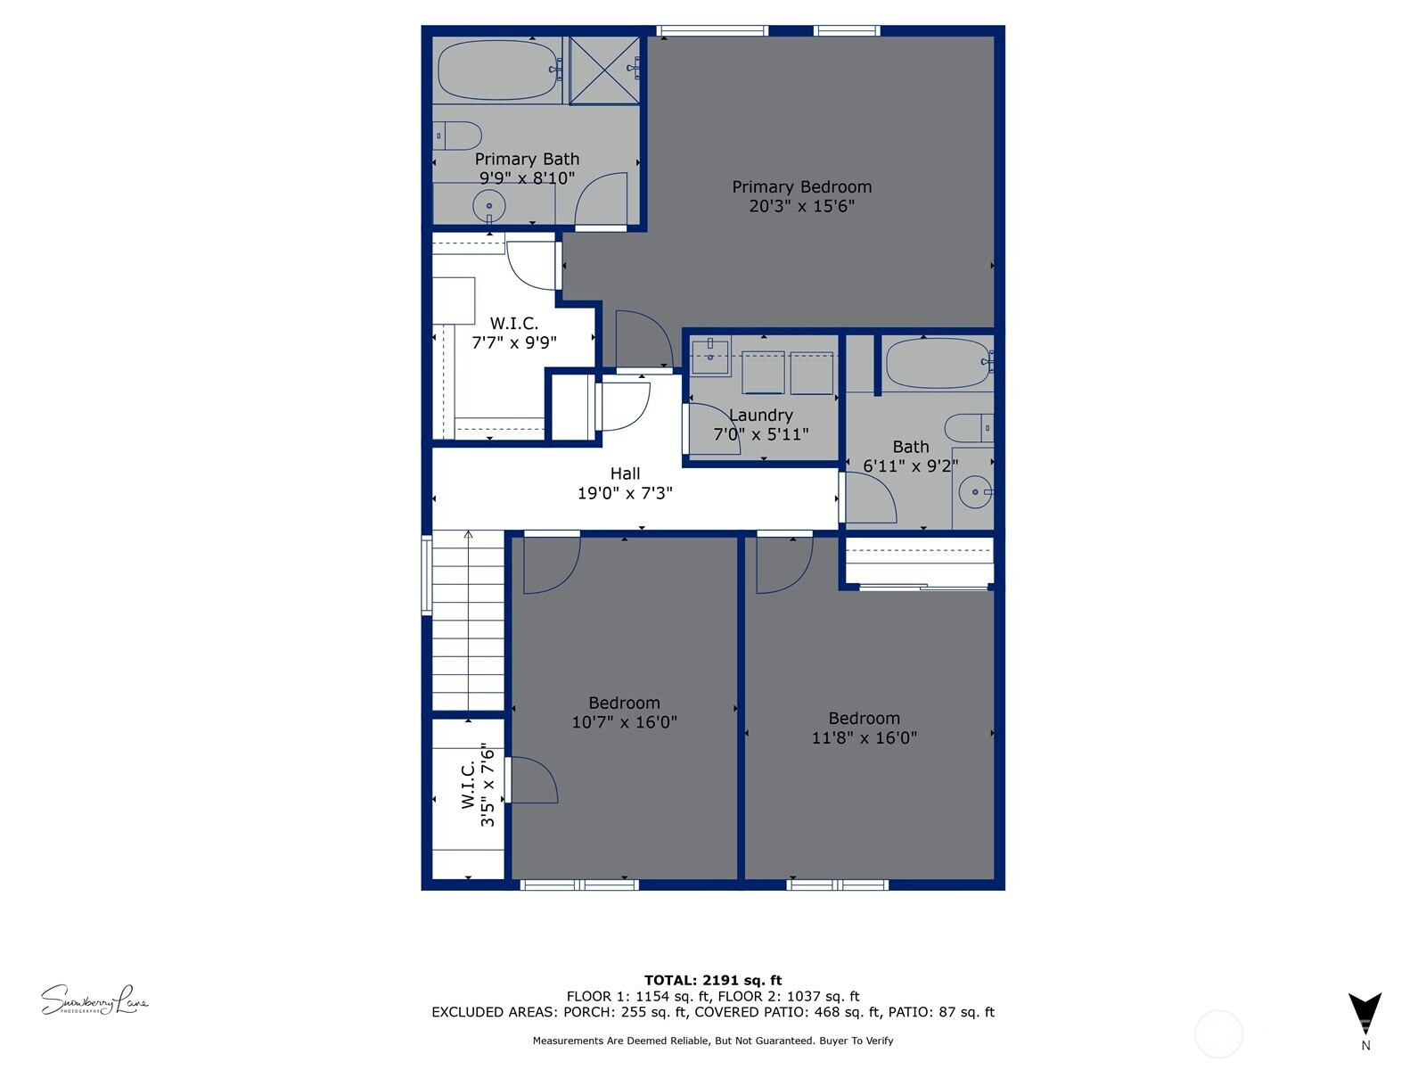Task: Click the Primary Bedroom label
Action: pos(801,187)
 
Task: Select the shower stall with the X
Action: pos(604,70)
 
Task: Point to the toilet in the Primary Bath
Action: pos(457,136)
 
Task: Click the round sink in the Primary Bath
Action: pos(489,207)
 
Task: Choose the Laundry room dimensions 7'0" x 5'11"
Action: pos(761,434)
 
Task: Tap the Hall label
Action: pos(625,473)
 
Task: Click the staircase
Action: pos(468,621)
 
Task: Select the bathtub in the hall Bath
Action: pos(938,363)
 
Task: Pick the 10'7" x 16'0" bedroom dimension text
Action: pos(625,721)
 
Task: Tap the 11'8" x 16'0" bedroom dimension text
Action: pos(864,737)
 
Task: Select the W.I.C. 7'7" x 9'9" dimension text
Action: pos(514,342)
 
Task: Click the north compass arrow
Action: pos(1365,1013)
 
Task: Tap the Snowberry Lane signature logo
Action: pos(94,1000)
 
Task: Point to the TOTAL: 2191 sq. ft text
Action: pos(713,980)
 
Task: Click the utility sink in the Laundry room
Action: pos(710,356)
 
